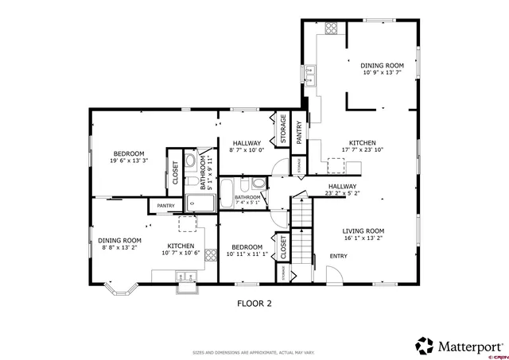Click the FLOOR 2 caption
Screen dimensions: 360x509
[x=254, y=303]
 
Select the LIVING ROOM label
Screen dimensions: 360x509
[x=363, y=230]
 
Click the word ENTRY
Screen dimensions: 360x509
[x=339, y=256]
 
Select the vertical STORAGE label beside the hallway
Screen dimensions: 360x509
[x=282, y=130]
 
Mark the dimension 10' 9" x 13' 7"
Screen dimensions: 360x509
[x=382, y=73]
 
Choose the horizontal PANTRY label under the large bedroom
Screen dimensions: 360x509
[x=166, y=206]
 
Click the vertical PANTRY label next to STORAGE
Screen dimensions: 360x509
[x=299, y=131]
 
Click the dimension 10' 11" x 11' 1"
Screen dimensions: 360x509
[x=247, y=255]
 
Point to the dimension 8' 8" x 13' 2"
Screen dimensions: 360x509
[x=120, y=248]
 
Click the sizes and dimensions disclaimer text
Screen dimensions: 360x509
[x=254, y=352]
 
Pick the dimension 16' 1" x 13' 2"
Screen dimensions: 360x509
[x=363, y=238]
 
